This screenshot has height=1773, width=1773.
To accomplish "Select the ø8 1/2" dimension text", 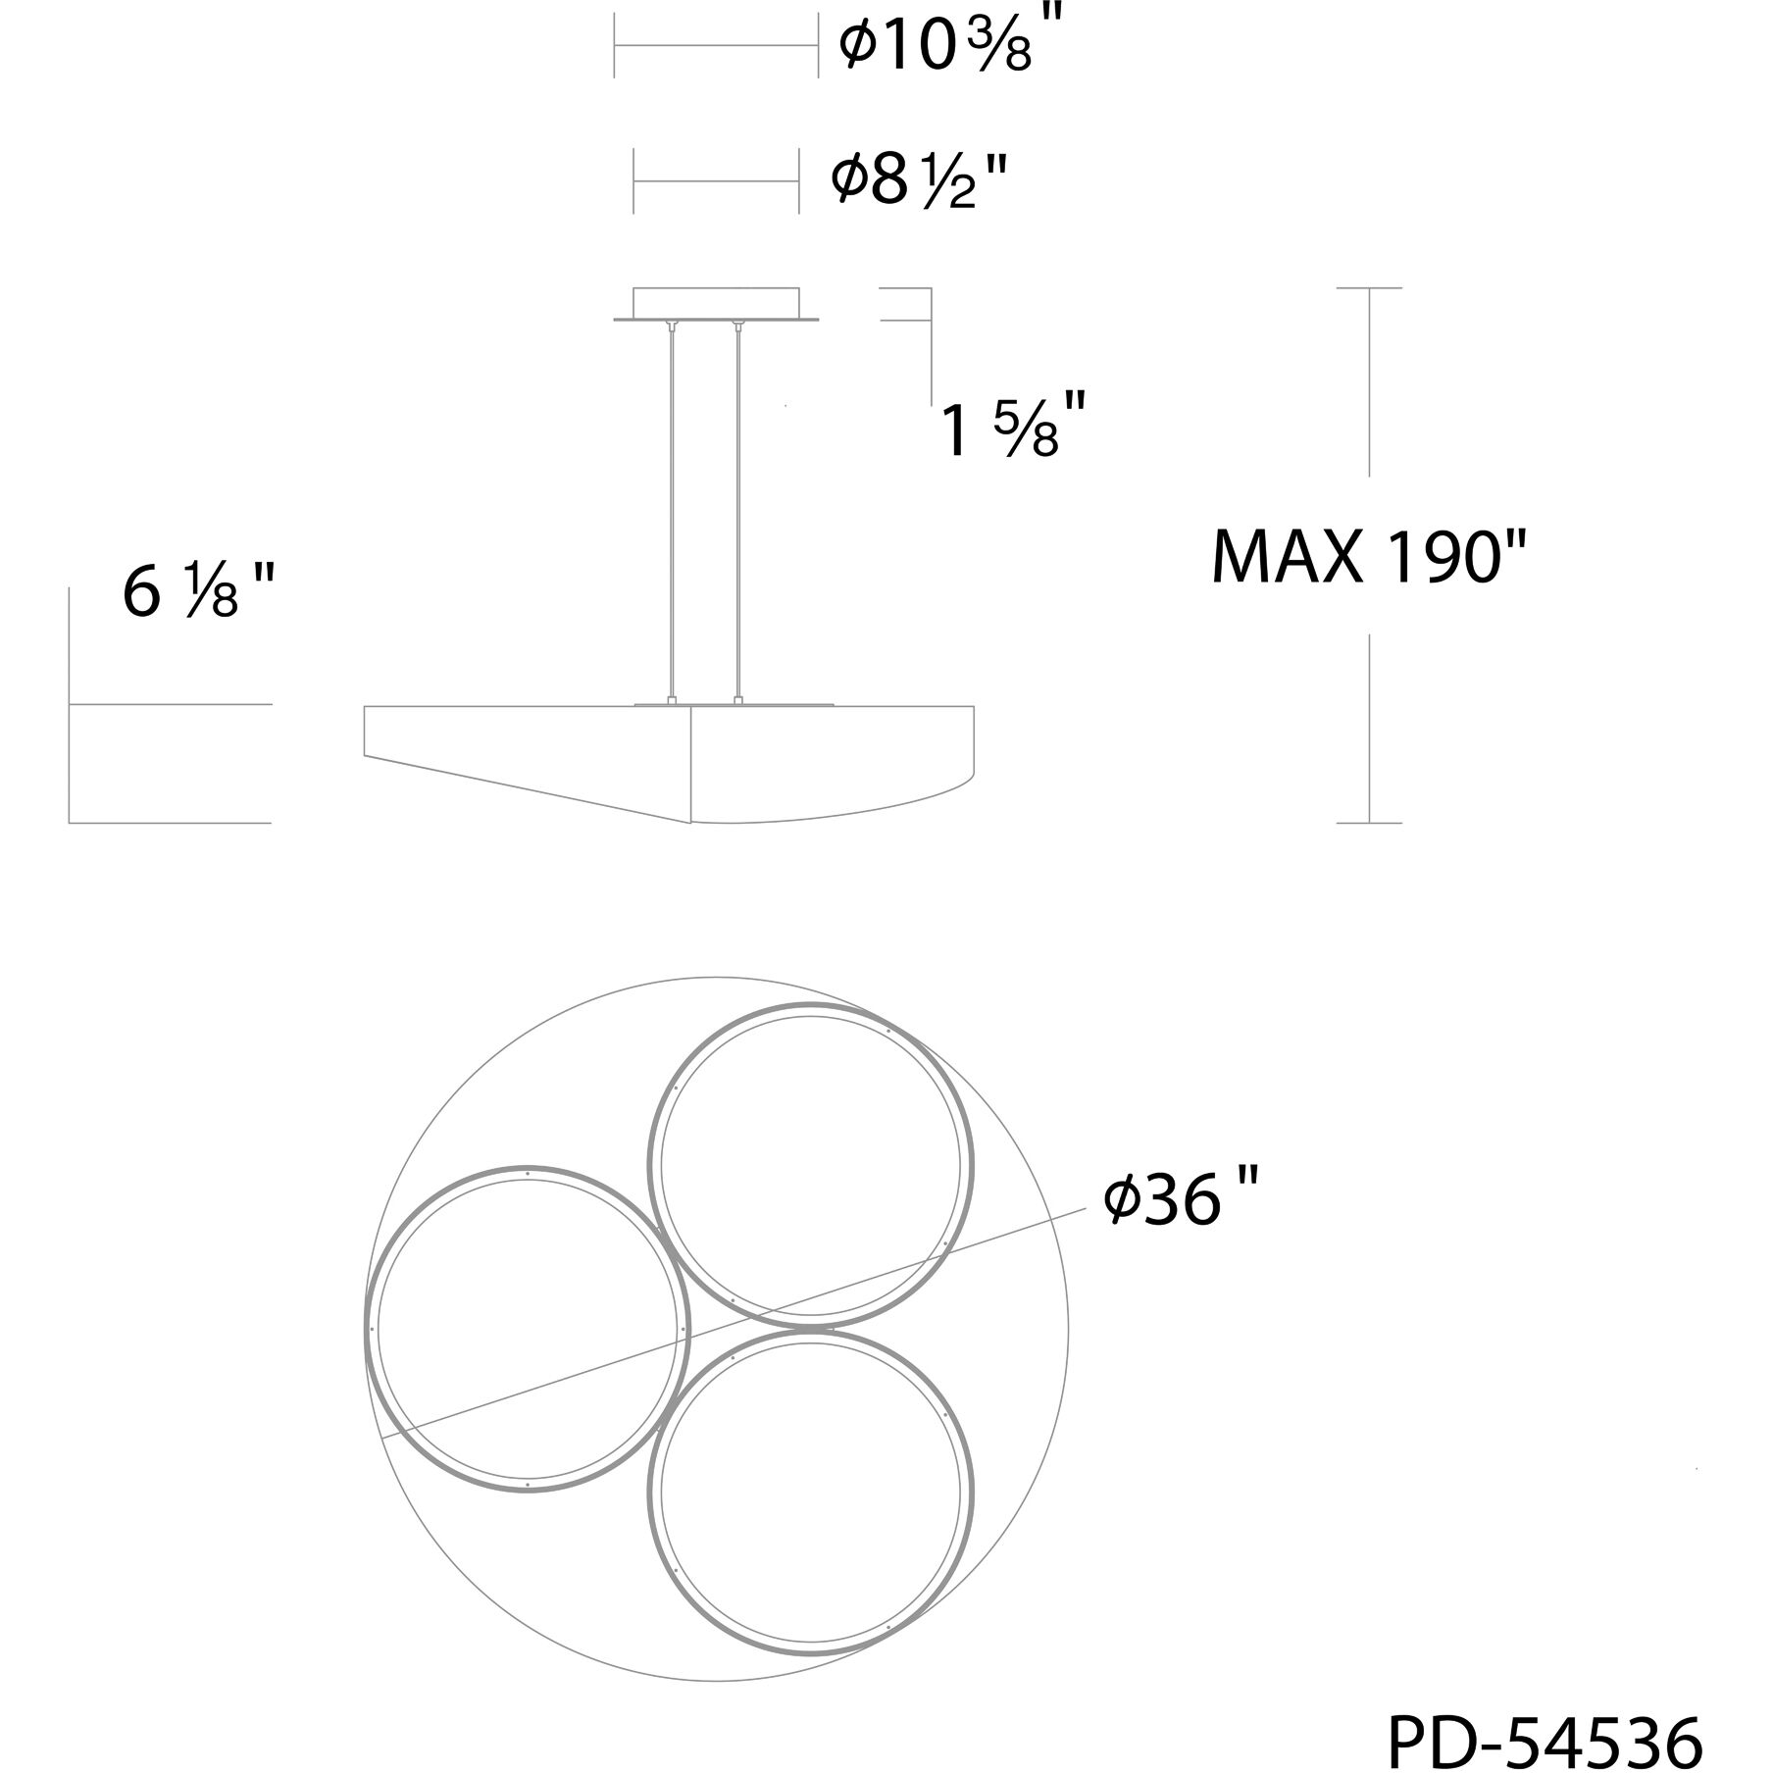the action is click(919, 178).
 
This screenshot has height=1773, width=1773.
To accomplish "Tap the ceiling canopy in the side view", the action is click(716, 304).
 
